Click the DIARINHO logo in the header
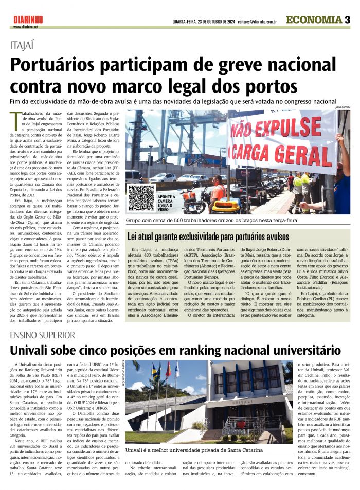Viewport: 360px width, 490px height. (28, 20)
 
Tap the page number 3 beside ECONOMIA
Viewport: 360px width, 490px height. (347, 20)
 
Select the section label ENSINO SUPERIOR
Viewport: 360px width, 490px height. (45, 336)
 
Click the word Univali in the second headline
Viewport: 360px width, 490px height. (38, 351)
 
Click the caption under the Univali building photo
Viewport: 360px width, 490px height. (210, 451)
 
